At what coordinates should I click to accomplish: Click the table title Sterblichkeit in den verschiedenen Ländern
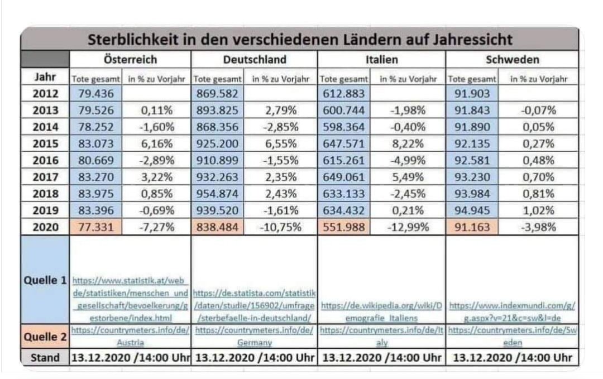pyautogui.click(x=300, y=40)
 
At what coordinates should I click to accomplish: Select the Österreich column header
pyautogui.click(x=130, y=59)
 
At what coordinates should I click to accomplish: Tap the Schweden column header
pyautogui.click(x=512, y=59)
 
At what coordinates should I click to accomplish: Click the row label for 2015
pyautogui.click(x=45, y=142)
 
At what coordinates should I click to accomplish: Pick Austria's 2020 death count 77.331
pyautogui.click(x=93, y=227)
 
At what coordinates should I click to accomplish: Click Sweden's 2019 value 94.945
pyautogui.click(x=472, y=210)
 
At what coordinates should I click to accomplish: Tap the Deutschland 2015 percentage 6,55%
pyautogui.click(x=281, y=142)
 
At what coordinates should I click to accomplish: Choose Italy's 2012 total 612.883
pyautogui.click(x=344, y=94)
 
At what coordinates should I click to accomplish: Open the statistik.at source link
pyautogui.click(x=131, y=298)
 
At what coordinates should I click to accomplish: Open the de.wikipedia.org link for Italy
pyautogui.click(x=381, y=311)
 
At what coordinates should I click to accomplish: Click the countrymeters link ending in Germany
pyautogui.click(x=254, y=336)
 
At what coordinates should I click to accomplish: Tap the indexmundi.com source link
pyautogui.click(x=512, y=311)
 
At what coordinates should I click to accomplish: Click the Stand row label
pyautogui.click(x=45, y=357)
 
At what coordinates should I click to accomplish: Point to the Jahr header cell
pyautogui.click(x=45, y=76)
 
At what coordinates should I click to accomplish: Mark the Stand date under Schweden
pyautogui.click(x=512, y=357)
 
